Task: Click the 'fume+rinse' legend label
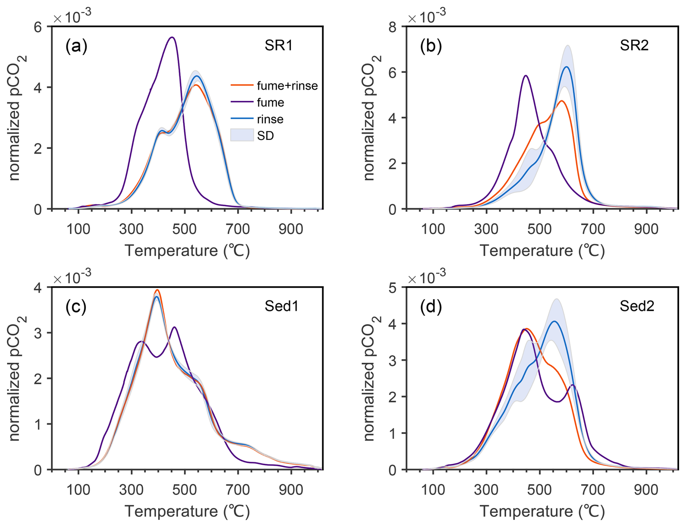tap(287, 86)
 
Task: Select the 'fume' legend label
tap(270, 103)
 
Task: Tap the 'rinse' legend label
tap(270, 119)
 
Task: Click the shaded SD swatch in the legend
tap(242, 136)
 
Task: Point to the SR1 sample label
tap(278, 46)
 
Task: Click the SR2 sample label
tap(634, 46)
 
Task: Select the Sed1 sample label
tap(281, 306)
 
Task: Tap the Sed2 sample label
tap(637, 306)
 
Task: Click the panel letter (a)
tap(76, 46)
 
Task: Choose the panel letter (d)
tap(431, 307)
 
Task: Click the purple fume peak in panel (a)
tap(172, 37)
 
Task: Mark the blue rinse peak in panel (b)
tap(566, 67)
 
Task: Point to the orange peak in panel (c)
tap(157, 290)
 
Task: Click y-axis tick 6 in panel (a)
tap(38, 27)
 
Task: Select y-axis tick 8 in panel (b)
tap(392, 27)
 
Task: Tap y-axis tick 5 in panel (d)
tap(392, 288)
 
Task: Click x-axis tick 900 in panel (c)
tap(291, 490)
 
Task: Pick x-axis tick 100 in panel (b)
tap(433, 229)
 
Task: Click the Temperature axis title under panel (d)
tap(542, 511)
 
